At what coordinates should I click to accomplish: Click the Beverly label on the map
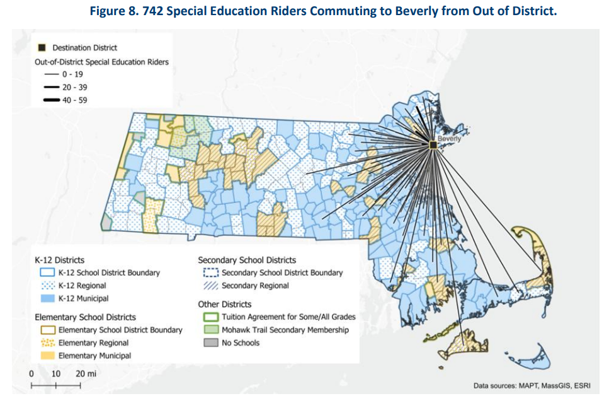(449, 138)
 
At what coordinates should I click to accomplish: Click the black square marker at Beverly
(433, 145)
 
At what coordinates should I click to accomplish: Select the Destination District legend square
(42, 47)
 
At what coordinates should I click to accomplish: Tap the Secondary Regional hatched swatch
(211, 286)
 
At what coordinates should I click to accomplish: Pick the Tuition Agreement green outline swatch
(211, 317)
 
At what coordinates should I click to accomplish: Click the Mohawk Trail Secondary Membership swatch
(211, 330)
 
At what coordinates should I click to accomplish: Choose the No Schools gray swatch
(211, 342)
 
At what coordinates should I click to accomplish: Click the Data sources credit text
(530, 385)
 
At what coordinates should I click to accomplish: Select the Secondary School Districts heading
(246, 260)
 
